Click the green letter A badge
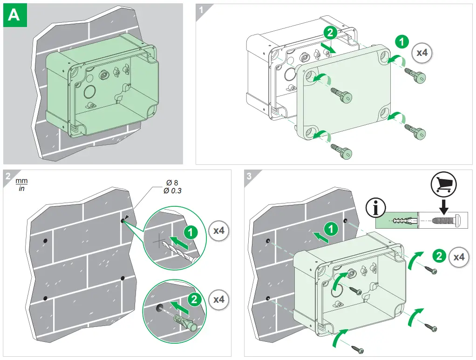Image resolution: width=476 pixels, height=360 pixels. [x=14, y=15]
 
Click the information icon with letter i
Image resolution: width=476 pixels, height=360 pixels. [x=376, y=208]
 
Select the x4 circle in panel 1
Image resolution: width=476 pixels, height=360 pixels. [x=422, y=53]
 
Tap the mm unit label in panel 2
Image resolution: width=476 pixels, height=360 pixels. [x=21, y=181]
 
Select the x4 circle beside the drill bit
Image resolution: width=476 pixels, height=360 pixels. [x=219, y=231]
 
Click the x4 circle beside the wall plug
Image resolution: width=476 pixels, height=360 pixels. [x=219, y=299]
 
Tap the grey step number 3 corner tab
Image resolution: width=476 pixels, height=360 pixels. [x=250, y=176]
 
